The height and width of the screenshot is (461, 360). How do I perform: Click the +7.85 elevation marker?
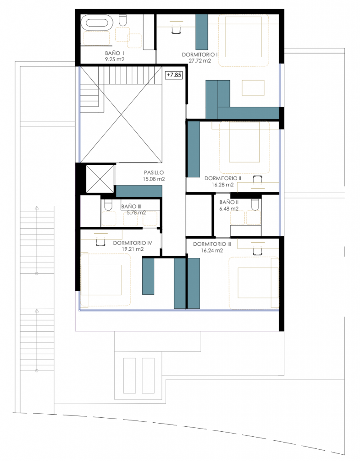click(174, 75)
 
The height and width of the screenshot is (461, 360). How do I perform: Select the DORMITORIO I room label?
click(199, 54)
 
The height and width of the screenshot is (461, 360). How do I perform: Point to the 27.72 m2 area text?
click(200, 61)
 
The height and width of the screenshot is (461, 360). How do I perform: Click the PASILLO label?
click(154, 172)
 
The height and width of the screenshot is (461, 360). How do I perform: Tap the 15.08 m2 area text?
click(154, 179)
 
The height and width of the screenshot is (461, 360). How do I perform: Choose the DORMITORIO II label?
click(223, 178)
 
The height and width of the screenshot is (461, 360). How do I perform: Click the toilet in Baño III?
click(108, 205)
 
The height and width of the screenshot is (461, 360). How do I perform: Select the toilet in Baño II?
click(255, 204)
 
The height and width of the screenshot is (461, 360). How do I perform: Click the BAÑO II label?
click(229, 202)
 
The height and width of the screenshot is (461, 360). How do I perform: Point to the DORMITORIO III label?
click(212, 244)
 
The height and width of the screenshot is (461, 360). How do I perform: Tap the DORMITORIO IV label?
click(133, 243)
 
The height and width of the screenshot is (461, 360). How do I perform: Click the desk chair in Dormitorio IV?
click(101, 241)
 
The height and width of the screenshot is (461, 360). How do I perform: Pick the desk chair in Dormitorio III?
click(258, 250)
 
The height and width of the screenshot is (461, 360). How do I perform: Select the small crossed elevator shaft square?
click(99, 179)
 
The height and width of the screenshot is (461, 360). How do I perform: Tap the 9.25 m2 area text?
click(115, 59)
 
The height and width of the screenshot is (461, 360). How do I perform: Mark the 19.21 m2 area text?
click(133, 249)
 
